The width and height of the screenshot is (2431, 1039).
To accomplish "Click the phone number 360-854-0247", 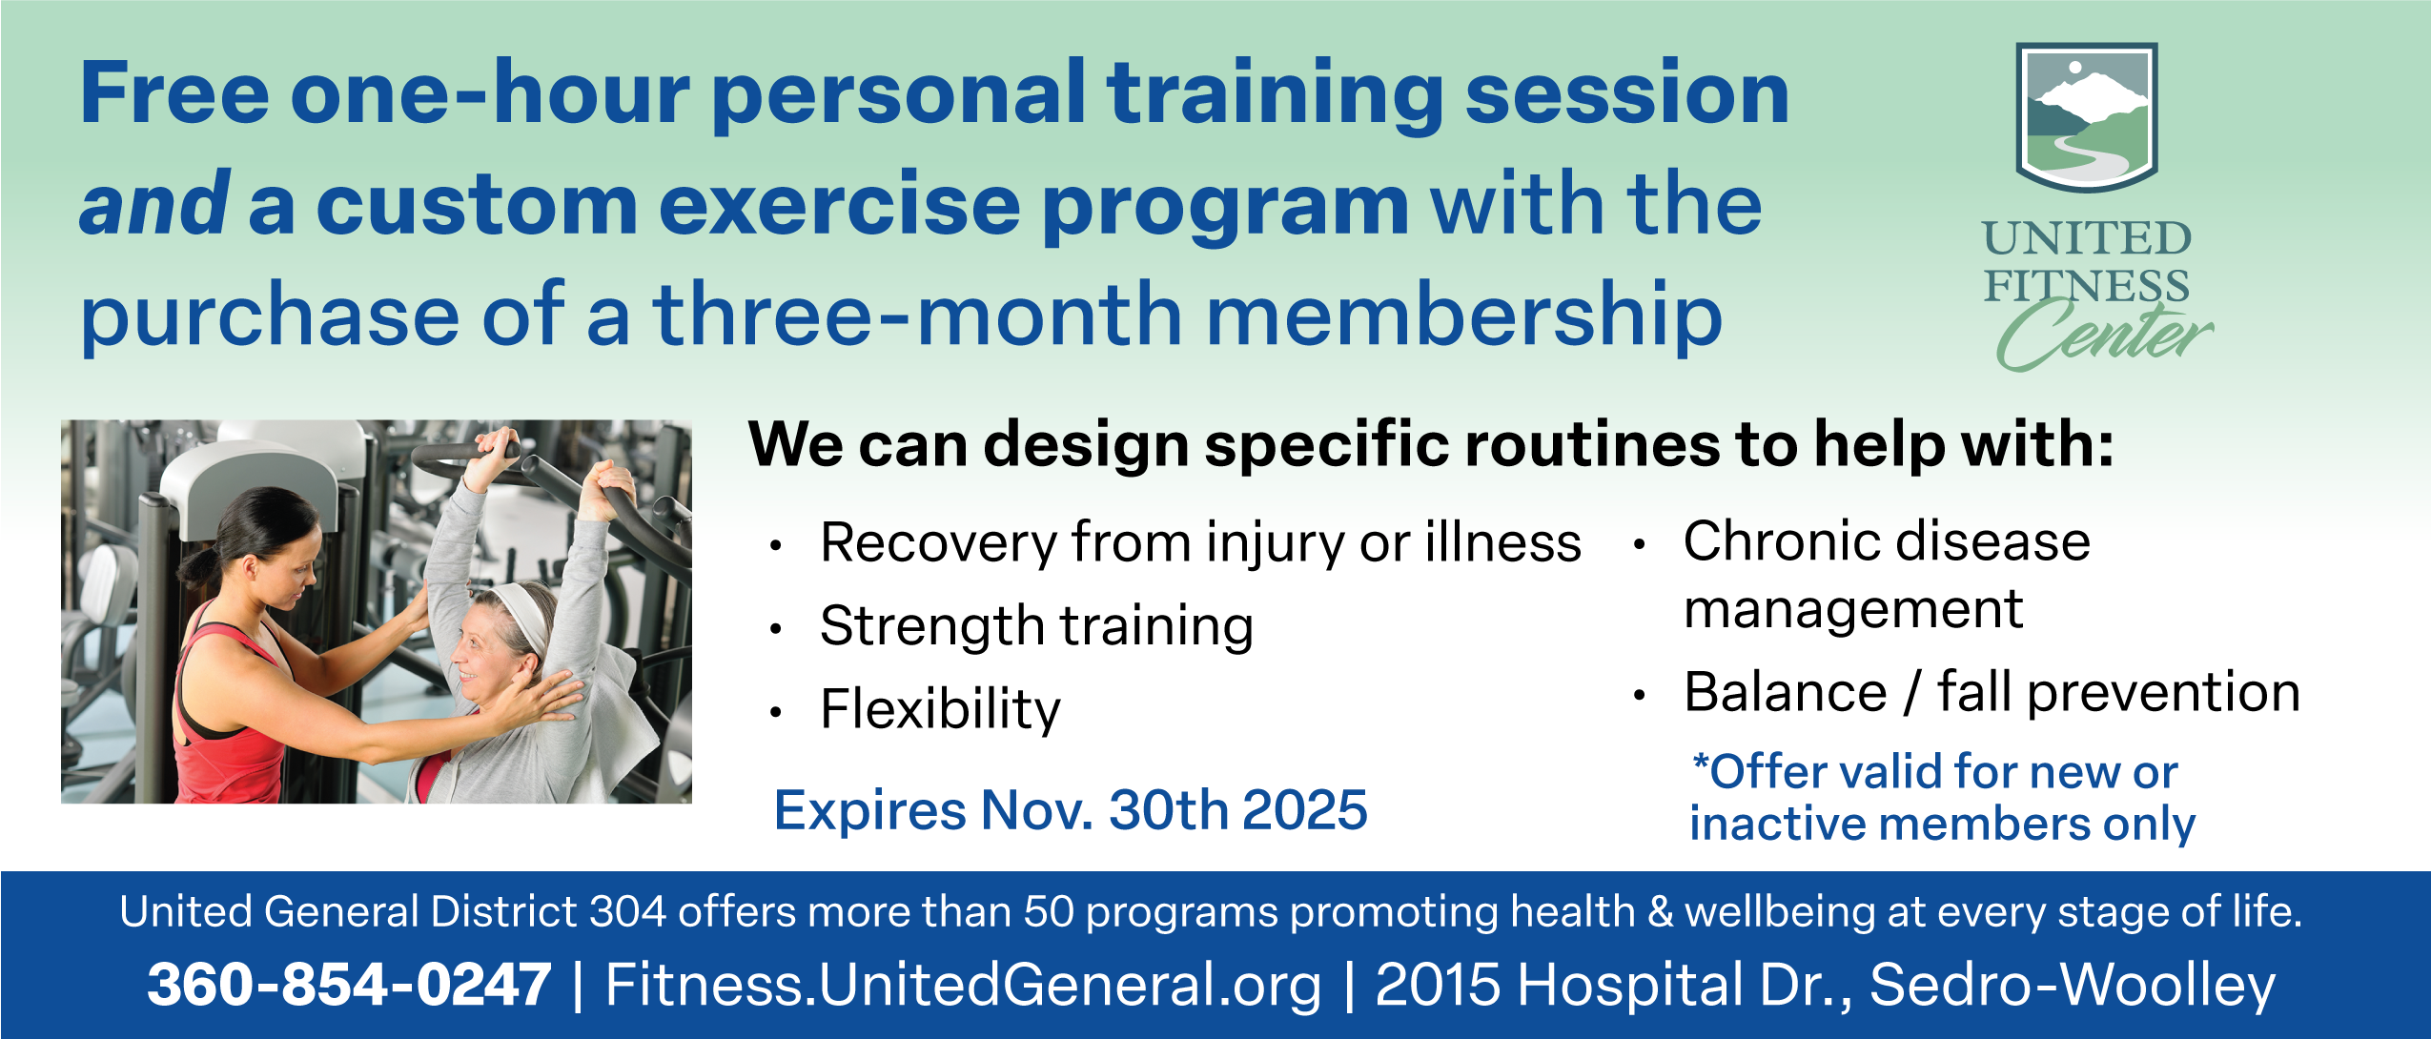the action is (349, 985).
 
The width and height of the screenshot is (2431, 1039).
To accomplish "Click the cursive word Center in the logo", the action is (2105, 334).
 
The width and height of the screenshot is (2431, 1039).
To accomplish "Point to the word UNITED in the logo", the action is (2087, 238).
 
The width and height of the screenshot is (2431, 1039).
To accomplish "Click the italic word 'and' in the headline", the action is (154, 203).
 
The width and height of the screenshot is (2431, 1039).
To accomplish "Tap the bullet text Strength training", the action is (1036, 627).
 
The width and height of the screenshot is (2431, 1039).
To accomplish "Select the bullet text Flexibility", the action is (940, 709).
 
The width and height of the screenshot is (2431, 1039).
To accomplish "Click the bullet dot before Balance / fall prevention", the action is (1639, 696).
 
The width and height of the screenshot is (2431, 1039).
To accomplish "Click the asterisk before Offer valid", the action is (1701, 764).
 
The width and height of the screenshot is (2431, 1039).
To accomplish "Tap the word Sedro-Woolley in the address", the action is (2073, 986).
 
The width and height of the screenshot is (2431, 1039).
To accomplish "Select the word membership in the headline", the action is (1464, 316).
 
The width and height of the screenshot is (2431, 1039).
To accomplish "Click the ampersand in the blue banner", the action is (1661, 912).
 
